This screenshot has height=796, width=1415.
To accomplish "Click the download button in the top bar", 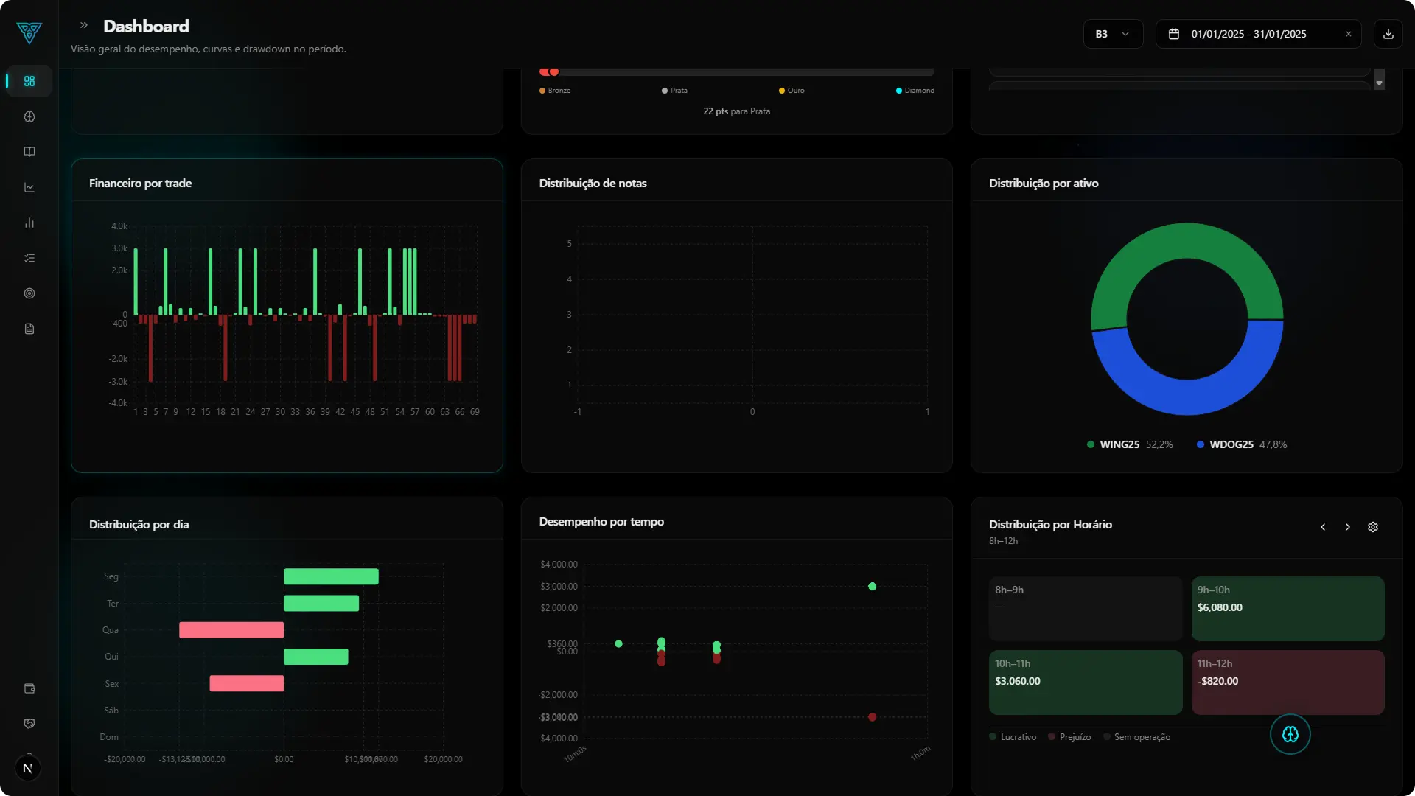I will click(x=1388, y=34).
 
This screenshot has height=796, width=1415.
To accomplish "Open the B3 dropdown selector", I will click(x=1112, y=34).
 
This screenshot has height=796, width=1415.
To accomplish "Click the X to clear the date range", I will click(x=1348, y=34).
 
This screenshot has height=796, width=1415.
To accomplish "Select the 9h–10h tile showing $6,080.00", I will click(x=1287, y=608).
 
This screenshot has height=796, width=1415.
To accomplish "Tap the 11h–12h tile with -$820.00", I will click(x=1287, y=682).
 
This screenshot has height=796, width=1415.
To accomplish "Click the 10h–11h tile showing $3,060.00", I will click(x=1085, y=682).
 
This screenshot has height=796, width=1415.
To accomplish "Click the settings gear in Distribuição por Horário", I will click(x=1372, y=527).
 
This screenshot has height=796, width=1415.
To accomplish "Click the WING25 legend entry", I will click(x=1119, y=444).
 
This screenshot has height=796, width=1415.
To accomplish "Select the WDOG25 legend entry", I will click(x=1231, y=444).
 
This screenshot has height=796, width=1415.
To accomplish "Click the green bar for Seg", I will click(x=331, y=576).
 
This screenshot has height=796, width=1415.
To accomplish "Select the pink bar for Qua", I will click(x=231, y=630).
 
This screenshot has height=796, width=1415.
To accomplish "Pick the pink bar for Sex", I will click(x=246, y=683).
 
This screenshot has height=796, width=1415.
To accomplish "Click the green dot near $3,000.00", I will click(x=872, y=587).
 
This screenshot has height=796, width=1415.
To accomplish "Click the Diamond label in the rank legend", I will click(x=918, y=91).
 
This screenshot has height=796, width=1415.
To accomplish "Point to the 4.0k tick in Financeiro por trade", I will click(x=119, y=226).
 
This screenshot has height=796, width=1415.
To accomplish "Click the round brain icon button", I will click(x=1290, y=734).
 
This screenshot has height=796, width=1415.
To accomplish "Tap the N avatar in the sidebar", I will click(x=28, y=768).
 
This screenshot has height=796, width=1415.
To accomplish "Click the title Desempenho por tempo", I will click(x=601, y=522).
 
